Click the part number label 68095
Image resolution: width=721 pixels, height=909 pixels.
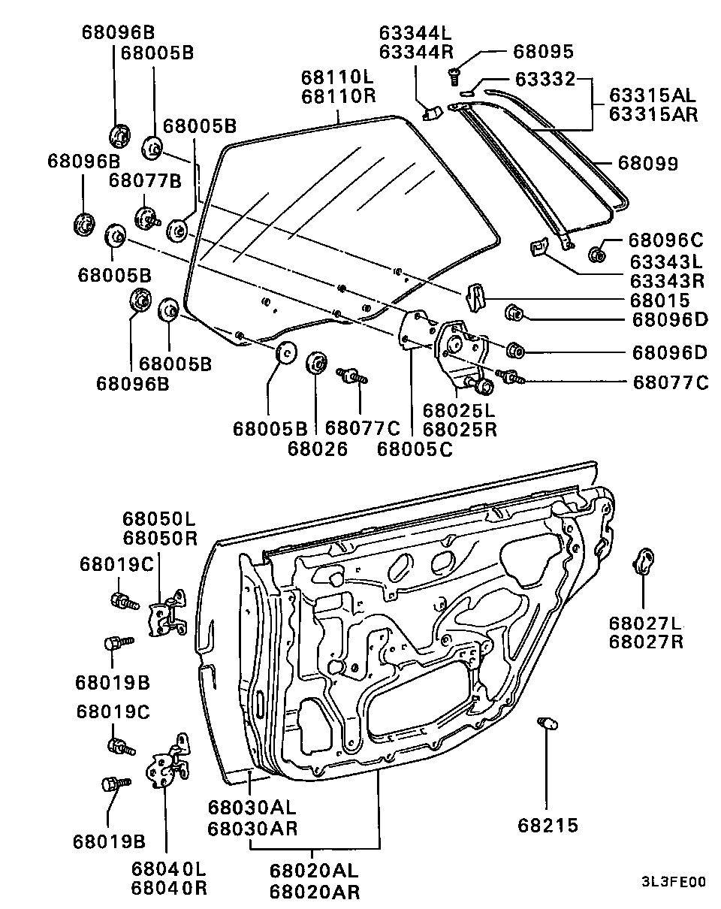[543, 51]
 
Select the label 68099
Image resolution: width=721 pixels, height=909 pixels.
[647, 163]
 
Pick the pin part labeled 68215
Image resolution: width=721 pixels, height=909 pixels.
[546, 725]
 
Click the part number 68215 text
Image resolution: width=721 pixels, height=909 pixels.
[548, 826]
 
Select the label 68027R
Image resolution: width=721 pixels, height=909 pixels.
[645, 642]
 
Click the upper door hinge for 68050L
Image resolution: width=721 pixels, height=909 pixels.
[169, 615]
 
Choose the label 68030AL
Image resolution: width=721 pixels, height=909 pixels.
[252, 808]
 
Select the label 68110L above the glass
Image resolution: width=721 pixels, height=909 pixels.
[338, 77]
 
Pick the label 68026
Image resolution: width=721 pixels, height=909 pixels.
[317, 448]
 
